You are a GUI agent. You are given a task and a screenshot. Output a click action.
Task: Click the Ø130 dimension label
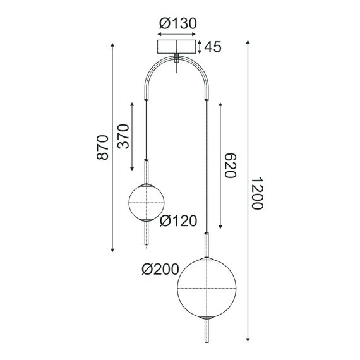pyautogui.click(x=178, y=24)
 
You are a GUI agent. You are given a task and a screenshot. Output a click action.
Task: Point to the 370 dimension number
pyautogui.click(x=123, y=135)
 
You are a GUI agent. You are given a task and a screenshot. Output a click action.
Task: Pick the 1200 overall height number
pyautogui.click(x=256, y=193)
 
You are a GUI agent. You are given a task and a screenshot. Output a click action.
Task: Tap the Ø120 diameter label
pyautogui.click(x=179, y=220)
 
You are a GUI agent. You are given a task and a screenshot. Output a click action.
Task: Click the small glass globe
pyautogui.click(x=147, y=202)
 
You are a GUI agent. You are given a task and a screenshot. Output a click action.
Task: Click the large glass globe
pyautogui.click(x=207, y=287)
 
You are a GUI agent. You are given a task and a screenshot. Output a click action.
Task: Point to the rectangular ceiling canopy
pyautogui.click(x=177, y=47)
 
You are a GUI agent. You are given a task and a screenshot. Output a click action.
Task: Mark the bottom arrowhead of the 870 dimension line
pyautogui.click(x=112, y=250)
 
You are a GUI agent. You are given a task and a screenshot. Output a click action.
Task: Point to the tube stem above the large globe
pyautogui.click(x=207, y=243)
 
